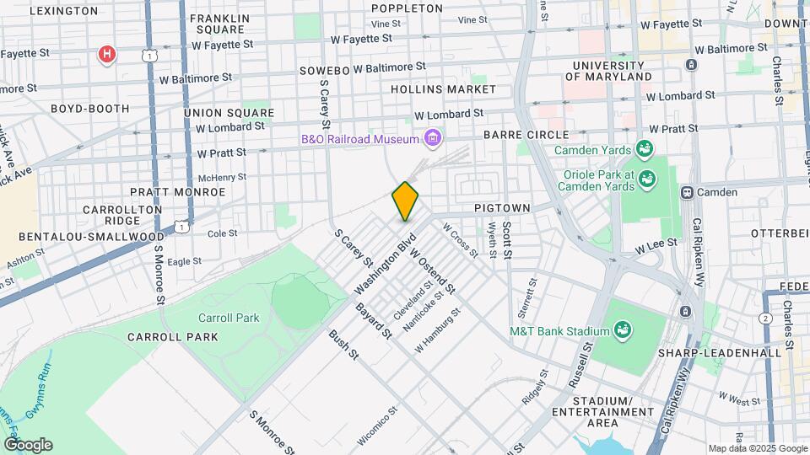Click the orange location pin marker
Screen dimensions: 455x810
tap(406, 201)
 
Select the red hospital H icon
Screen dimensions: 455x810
tap(106, 56)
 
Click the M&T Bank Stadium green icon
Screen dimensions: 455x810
tap(624, 328)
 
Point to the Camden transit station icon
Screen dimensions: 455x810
tap(688, 192)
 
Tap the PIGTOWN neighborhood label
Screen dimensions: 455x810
tap(501, 207)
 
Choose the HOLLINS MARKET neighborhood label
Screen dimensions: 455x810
tap(443, 88)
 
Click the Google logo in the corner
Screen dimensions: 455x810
tap(27, 445)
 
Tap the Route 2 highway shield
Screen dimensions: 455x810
tap(764, 318)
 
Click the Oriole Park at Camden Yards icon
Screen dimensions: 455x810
tap(647, 178)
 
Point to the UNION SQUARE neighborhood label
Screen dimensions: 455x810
tap(229, 113)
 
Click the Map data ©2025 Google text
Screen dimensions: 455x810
tap(757, 448)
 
